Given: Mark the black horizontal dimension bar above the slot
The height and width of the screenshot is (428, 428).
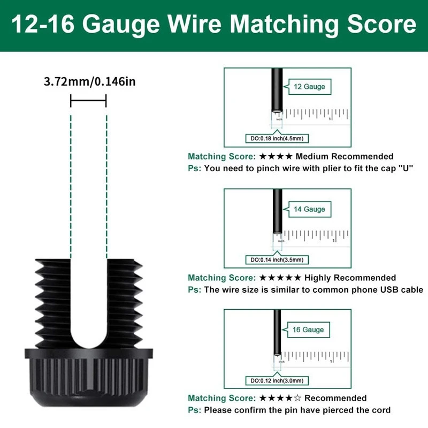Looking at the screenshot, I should point(88,100).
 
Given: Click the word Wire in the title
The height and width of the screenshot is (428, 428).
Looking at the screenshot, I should point(180,25).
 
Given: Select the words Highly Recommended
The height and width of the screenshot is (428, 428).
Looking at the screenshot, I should point(350,278).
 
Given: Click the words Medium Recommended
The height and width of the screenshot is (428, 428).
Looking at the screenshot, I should point(344,157).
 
